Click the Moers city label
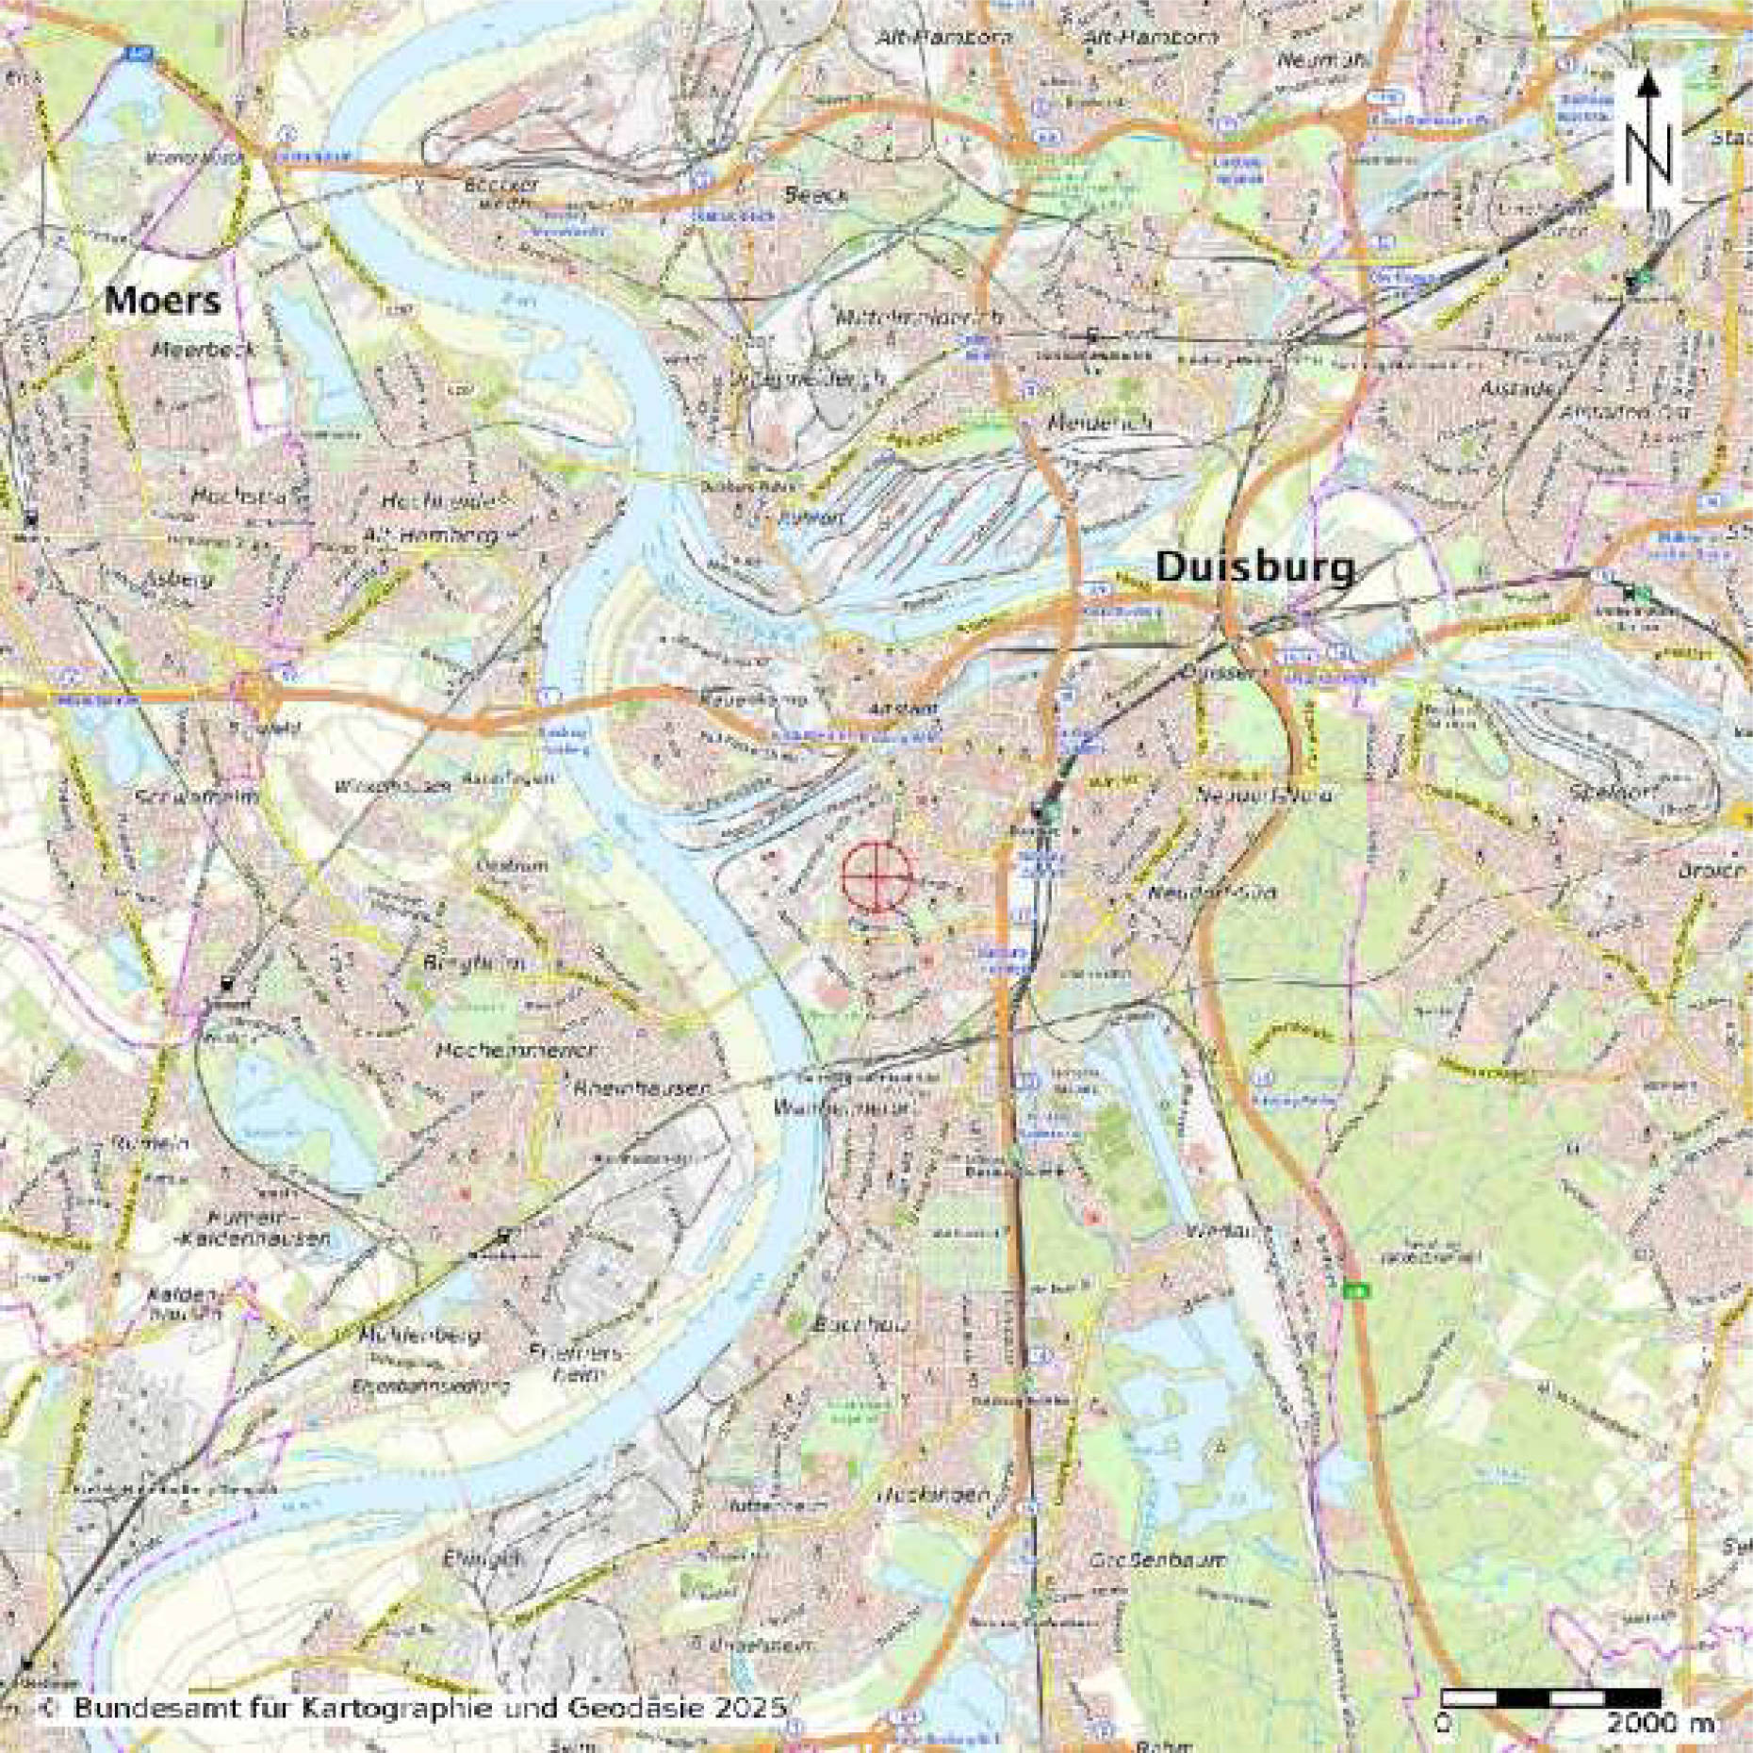162,300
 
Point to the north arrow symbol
1647,141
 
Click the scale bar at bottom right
1550,1697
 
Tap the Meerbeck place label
204,349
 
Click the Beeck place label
815,195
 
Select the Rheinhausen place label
641,1088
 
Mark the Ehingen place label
481,1559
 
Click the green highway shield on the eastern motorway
1357,1288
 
